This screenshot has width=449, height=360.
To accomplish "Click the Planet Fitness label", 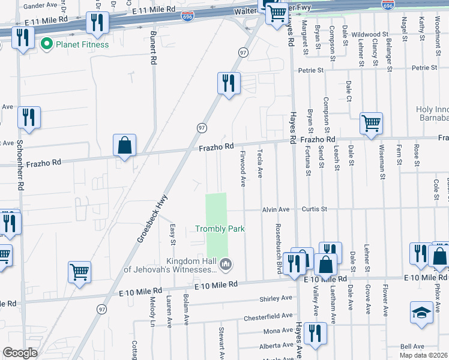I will pos(82,44).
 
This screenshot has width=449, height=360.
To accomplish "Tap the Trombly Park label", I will pos(220,229).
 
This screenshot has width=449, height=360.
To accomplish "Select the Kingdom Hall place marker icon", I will pos(226,263).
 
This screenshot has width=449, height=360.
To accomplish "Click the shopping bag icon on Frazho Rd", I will pos(124,145).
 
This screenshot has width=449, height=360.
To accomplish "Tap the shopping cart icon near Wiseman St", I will pos(371,124).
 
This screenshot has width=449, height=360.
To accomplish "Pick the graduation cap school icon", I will pos(421,312).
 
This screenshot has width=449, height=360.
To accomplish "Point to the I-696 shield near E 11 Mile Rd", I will pos(187,14).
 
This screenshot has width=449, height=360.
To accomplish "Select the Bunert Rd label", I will pos(154,49).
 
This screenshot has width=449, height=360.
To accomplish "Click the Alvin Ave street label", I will pos(276,209).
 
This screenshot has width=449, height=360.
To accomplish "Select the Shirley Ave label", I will pos(276,298).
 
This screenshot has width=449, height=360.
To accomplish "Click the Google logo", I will pos(20,353).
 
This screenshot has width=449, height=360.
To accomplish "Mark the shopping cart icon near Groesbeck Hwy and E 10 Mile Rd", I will pos(79,272).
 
